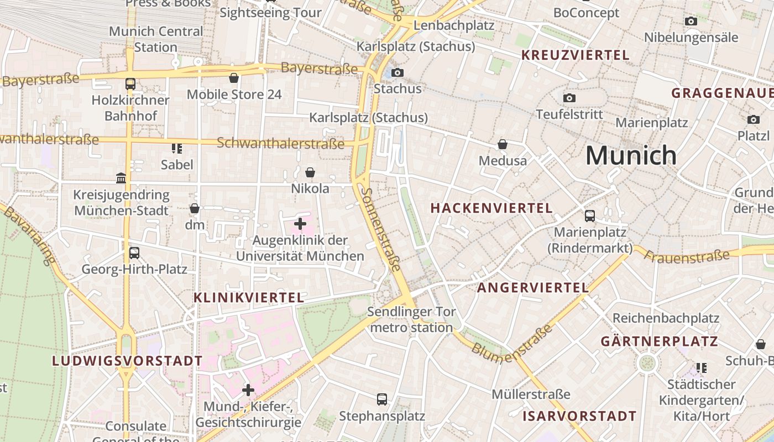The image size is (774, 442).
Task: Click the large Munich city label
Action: [631, 155]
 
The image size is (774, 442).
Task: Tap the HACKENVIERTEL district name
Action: [491, 208]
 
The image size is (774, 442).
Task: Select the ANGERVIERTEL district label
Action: [533, 288]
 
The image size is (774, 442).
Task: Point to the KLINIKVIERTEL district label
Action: [249, 298]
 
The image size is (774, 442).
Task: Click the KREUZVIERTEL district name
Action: [576, 55]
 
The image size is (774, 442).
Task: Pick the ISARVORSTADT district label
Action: [579, 416]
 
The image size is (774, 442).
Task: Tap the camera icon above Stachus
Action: [397, 72]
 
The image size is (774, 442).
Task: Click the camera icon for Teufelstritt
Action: [569, 98]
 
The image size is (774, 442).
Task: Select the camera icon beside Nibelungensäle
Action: [691, 22]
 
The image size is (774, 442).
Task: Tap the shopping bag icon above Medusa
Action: [503, 145]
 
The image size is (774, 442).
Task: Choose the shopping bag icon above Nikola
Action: [310, 173]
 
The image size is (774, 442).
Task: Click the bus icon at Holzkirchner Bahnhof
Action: [130, 84]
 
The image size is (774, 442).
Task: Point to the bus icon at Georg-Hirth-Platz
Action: [134, 253]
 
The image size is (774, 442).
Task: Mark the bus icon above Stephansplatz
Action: [381, 399]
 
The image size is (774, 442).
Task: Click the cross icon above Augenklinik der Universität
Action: [300, 224]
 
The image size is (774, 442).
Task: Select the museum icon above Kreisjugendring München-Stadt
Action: [121, 178]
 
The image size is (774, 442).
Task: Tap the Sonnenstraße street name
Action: [381, 229]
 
